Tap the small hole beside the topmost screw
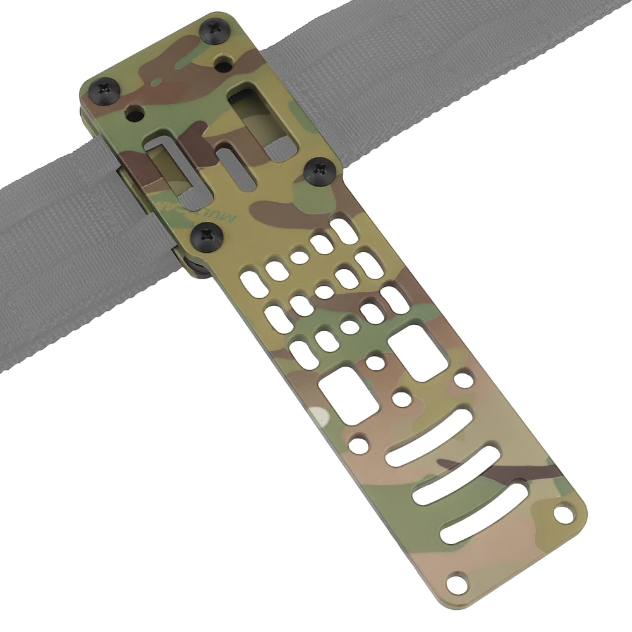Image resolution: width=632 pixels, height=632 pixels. coord(222,63)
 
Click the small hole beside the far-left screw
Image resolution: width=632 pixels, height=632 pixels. coord(133,114)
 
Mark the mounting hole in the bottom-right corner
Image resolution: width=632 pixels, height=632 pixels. coord(562,513)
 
